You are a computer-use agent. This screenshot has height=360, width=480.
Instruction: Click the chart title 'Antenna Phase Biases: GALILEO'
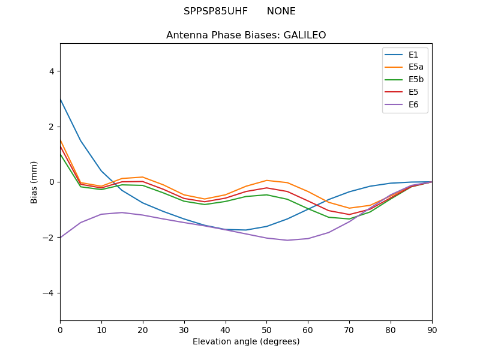(246, 35)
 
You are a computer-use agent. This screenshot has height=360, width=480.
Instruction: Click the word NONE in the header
(281, 11)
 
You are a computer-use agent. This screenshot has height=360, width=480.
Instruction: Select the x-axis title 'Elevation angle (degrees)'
(246, 342)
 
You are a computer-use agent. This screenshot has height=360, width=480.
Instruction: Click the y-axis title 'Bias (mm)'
(34, 182)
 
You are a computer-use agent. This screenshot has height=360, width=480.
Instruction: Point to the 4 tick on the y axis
(51, 71)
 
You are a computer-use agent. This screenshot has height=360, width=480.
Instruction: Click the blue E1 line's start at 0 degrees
(60, 99)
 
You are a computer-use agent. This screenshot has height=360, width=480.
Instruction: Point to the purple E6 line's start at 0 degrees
(60, 238)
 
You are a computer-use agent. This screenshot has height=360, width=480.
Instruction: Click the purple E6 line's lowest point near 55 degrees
(287, 240)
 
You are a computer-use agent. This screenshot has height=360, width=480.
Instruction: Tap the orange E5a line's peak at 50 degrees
(266, 180)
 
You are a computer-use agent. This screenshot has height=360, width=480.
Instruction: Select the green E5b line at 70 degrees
(349, 219)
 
